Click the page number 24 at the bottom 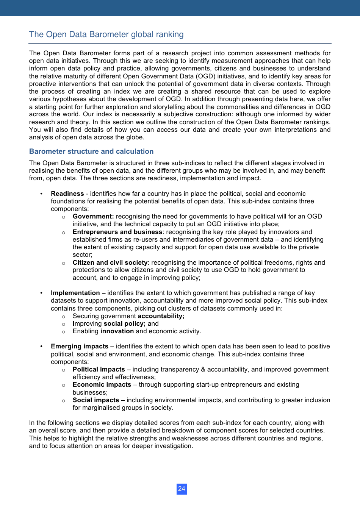click(182, 489)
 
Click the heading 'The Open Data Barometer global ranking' click(106, 34)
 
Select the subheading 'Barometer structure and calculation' click(91, 151)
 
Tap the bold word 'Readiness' click(67, 194)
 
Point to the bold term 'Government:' click(93, 217)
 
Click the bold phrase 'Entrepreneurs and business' click(117, 232)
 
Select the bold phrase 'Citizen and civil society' click(110, 263)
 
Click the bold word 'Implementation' click(75, 293)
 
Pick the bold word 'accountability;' click(161, 316)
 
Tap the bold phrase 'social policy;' click(124, 324)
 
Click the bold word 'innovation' click(117, 331)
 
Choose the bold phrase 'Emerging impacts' click(80, 347)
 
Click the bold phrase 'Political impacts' click(99, 370)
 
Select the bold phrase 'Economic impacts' click(102, 385)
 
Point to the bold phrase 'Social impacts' click(96, 400)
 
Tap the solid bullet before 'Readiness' click(41, 194)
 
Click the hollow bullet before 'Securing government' click(64, 317)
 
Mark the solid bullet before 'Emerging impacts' click(41, 347)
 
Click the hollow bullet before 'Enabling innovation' click(64, 332)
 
